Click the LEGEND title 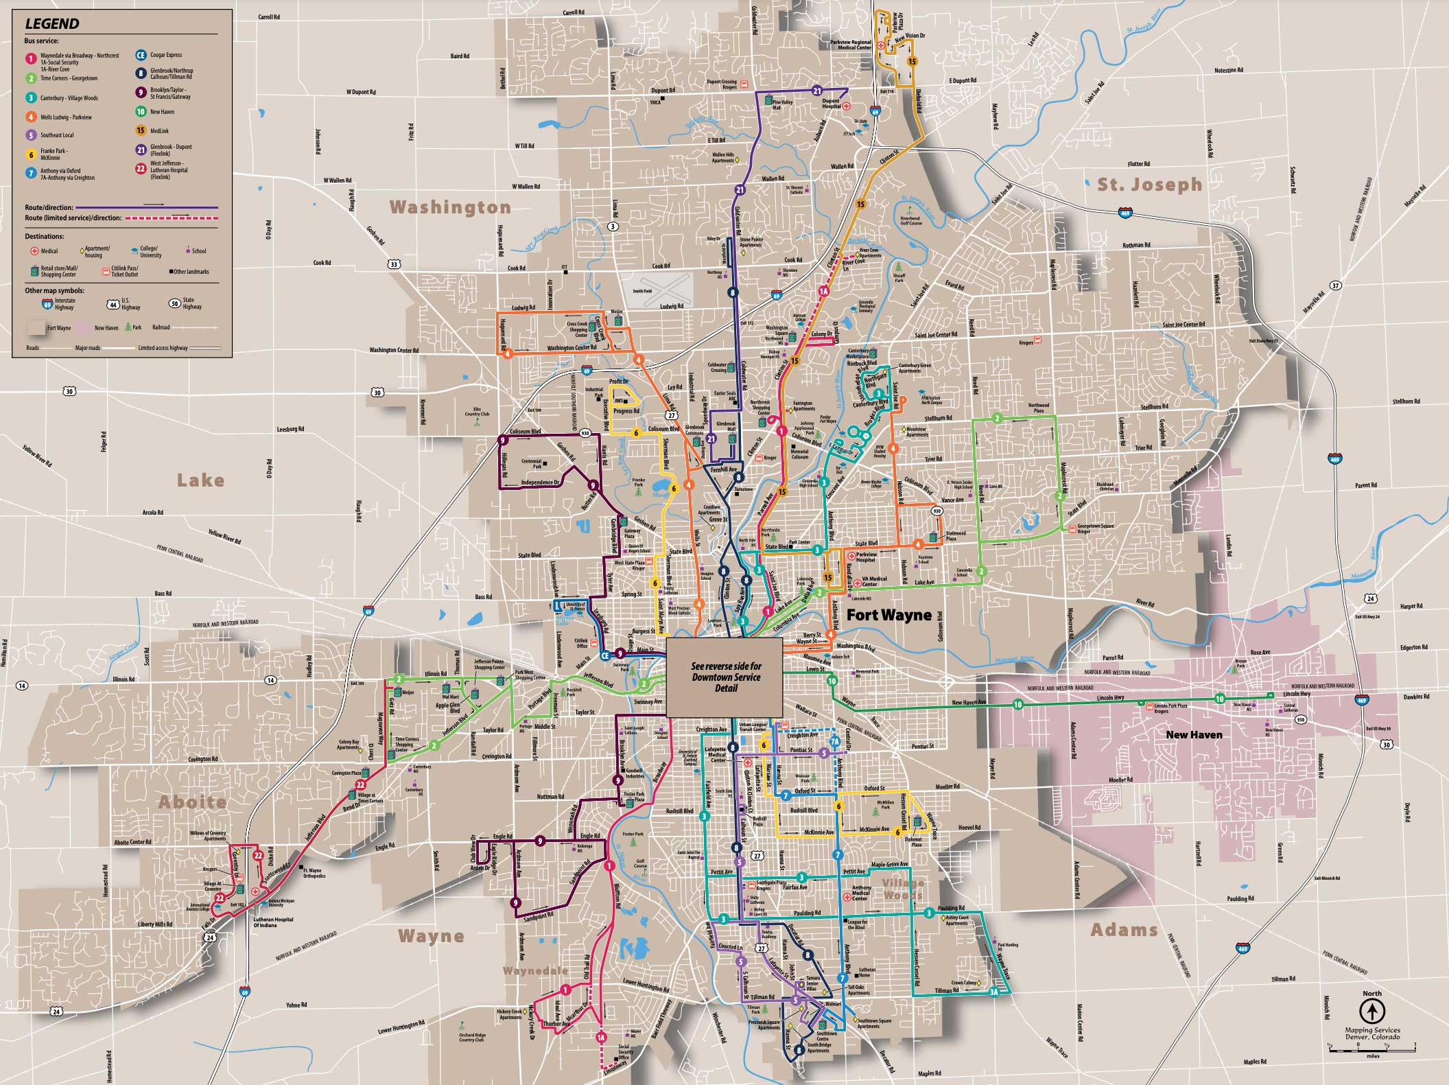click(52, 24)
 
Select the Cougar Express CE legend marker click(141, 55)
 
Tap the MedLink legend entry click(159, 130)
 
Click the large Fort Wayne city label click(888, 615)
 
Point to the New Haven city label click(1194, 734)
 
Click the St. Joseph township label click(1149, 184)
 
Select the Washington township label click(450, 207)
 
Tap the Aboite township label click(192, 802)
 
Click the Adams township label click(1124, 930)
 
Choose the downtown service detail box click(725, 677)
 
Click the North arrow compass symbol click(1371, 1010)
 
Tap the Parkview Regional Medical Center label click(851, 45)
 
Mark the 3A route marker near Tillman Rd click(994, 992)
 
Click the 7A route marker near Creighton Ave click(834, 741)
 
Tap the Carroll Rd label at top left click(268, 16)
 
